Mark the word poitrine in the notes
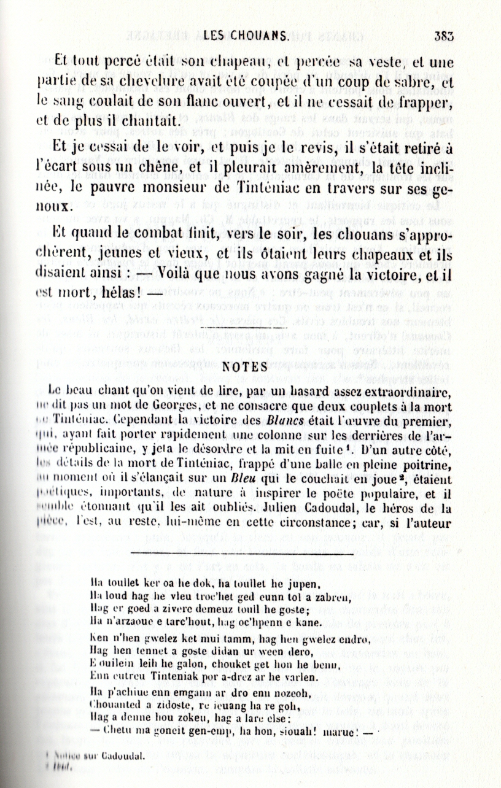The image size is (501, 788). (430, 465)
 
